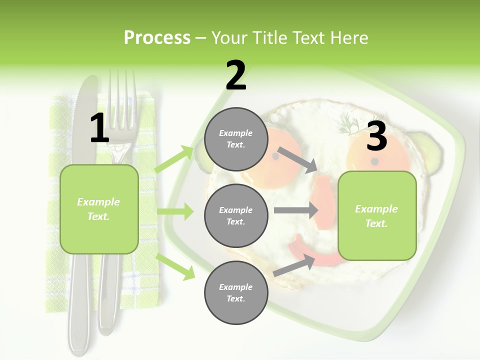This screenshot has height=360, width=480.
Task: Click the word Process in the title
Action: [157, 37]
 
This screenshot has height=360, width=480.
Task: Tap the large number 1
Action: [99, 128]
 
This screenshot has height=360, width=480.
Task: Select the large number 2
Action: [235, 75]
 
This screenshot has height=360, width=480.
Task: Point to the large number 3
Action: [376, 136]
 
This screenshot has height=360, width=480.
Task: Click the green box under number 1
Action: [99, 209]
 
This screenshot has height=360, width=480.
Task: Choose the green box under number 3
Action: [377, 215]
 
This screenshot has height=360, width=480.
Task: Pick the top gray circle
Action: [236, 139]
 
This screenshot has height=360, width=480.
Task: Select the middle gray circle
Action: [236, 215]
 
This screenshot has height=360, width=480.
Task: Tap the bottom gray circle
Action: [236, 292]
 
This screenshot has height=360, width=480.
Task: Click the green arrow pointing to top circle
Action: [175, 159]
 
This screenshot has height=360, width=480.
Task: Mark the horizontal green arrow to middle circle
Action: [175, 211]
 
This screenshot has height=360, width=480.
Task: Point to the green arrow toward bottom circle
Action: [175, 266]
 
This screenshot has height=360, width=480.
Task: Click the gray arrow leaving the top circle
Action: [297, 159]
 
